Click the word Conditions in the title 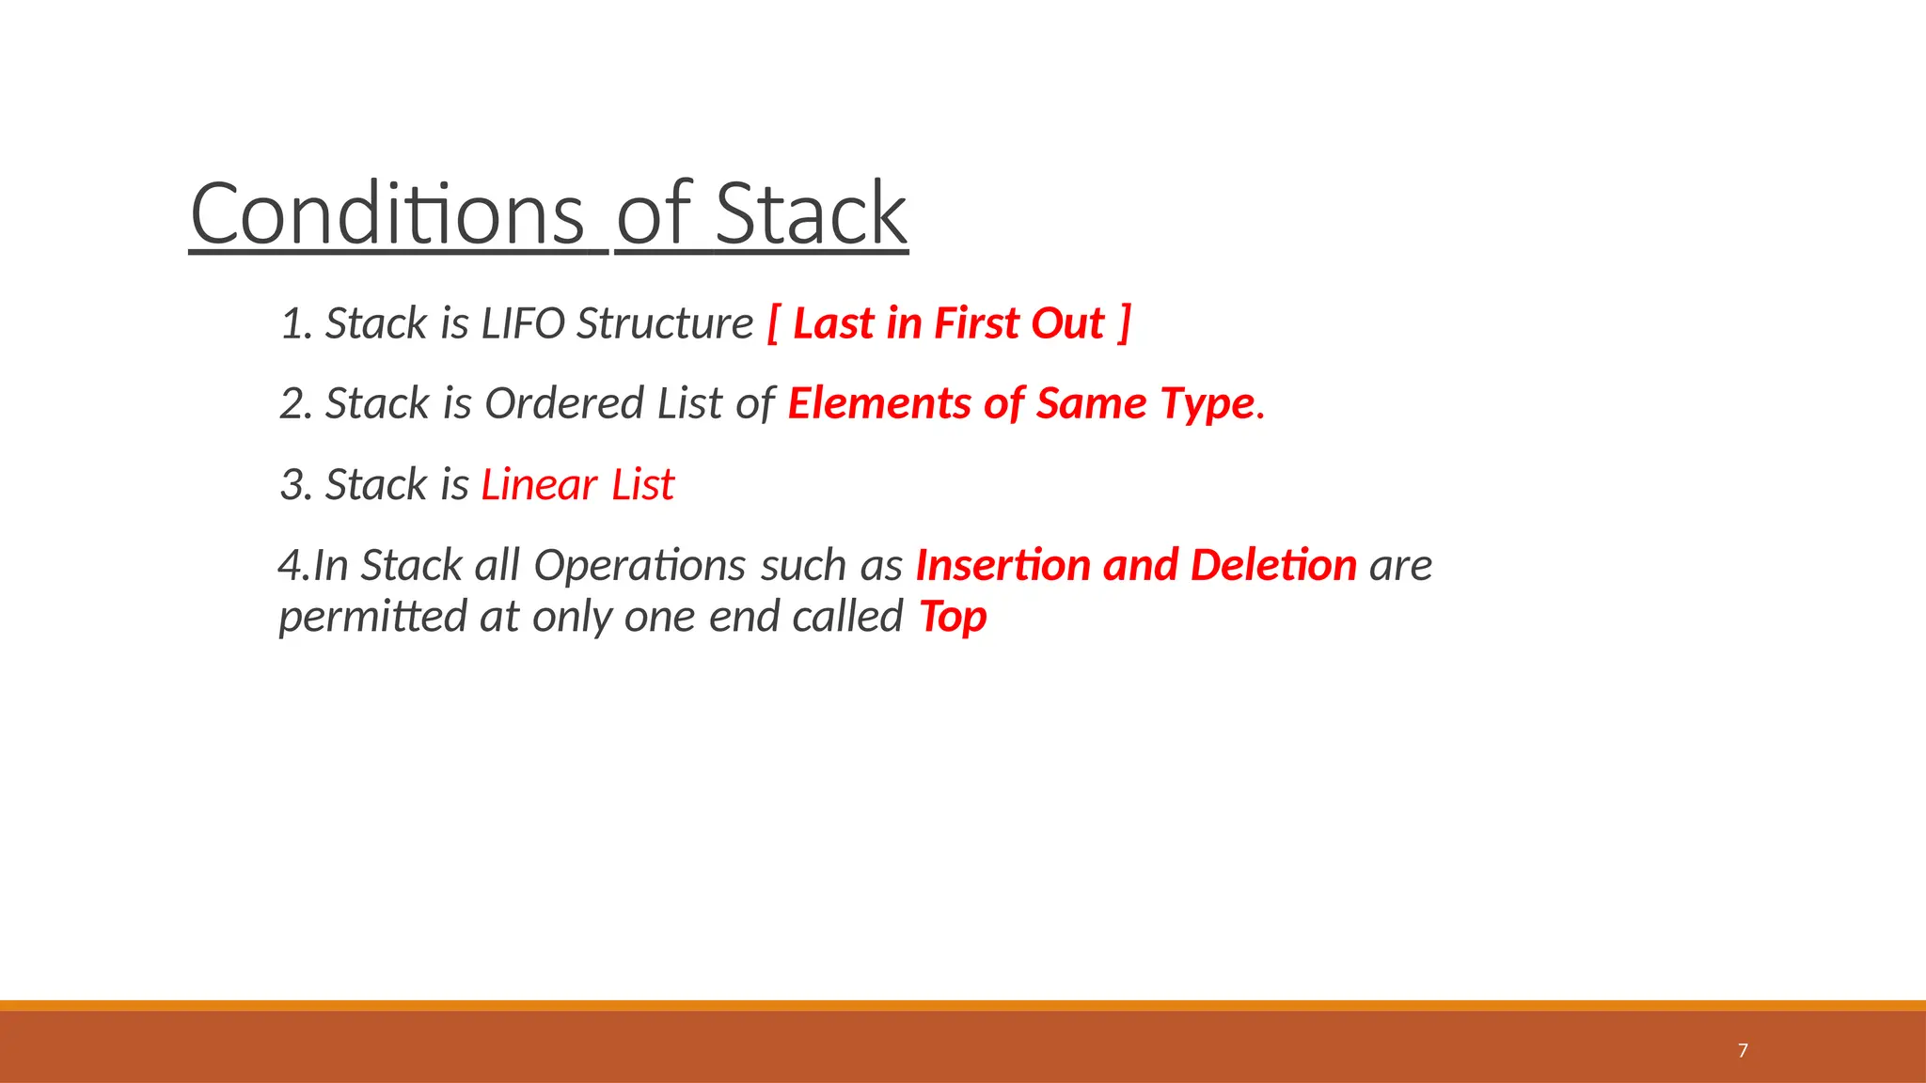coord(387,215)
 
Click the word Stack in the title coord(811,215)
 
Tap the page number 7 coord(1743,1050)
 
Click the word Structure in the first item coord(665,324)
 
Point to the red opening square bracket coord(773,324)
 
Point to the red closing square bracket coord(1124,324)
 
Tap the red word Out coord(1067,324)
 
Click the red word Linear coord(539,486)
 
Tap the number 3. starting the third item coord(295,486)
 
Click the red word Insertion coord(1002,566)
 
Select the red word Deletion coord(1273,566)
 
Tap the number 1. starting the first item coord(295,324)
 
